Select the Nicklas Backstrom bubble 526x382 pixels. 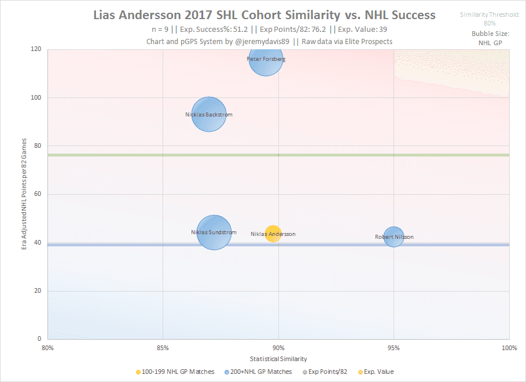[x=208, y=114]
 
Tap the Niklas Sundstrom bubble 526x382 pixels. [x=214, y=232]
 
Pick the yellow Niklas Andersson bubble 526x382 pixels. [x=273, y=234]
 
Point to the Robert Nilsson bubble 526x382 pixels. [x=393, y=237]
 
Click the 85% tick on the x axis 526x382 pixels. [x=163, y=348]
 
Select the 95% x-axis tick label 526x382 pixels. [x=393, y=348]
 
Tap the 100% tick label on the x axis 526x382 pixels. [x=509, y=348]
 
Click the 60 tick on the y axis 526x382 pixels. [x=36, y=194]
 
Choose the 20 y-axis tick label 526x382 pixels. [x=36, y=291]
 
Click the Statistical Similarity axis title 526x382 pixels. [x=278, y=359]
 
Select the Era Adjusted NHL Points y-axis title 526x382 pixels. [x=24, y=194]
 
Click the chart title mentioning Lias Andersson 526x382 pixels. [x=265, y=14]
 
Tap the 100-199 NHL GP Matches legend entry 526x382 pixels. [x=175, y=372]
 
